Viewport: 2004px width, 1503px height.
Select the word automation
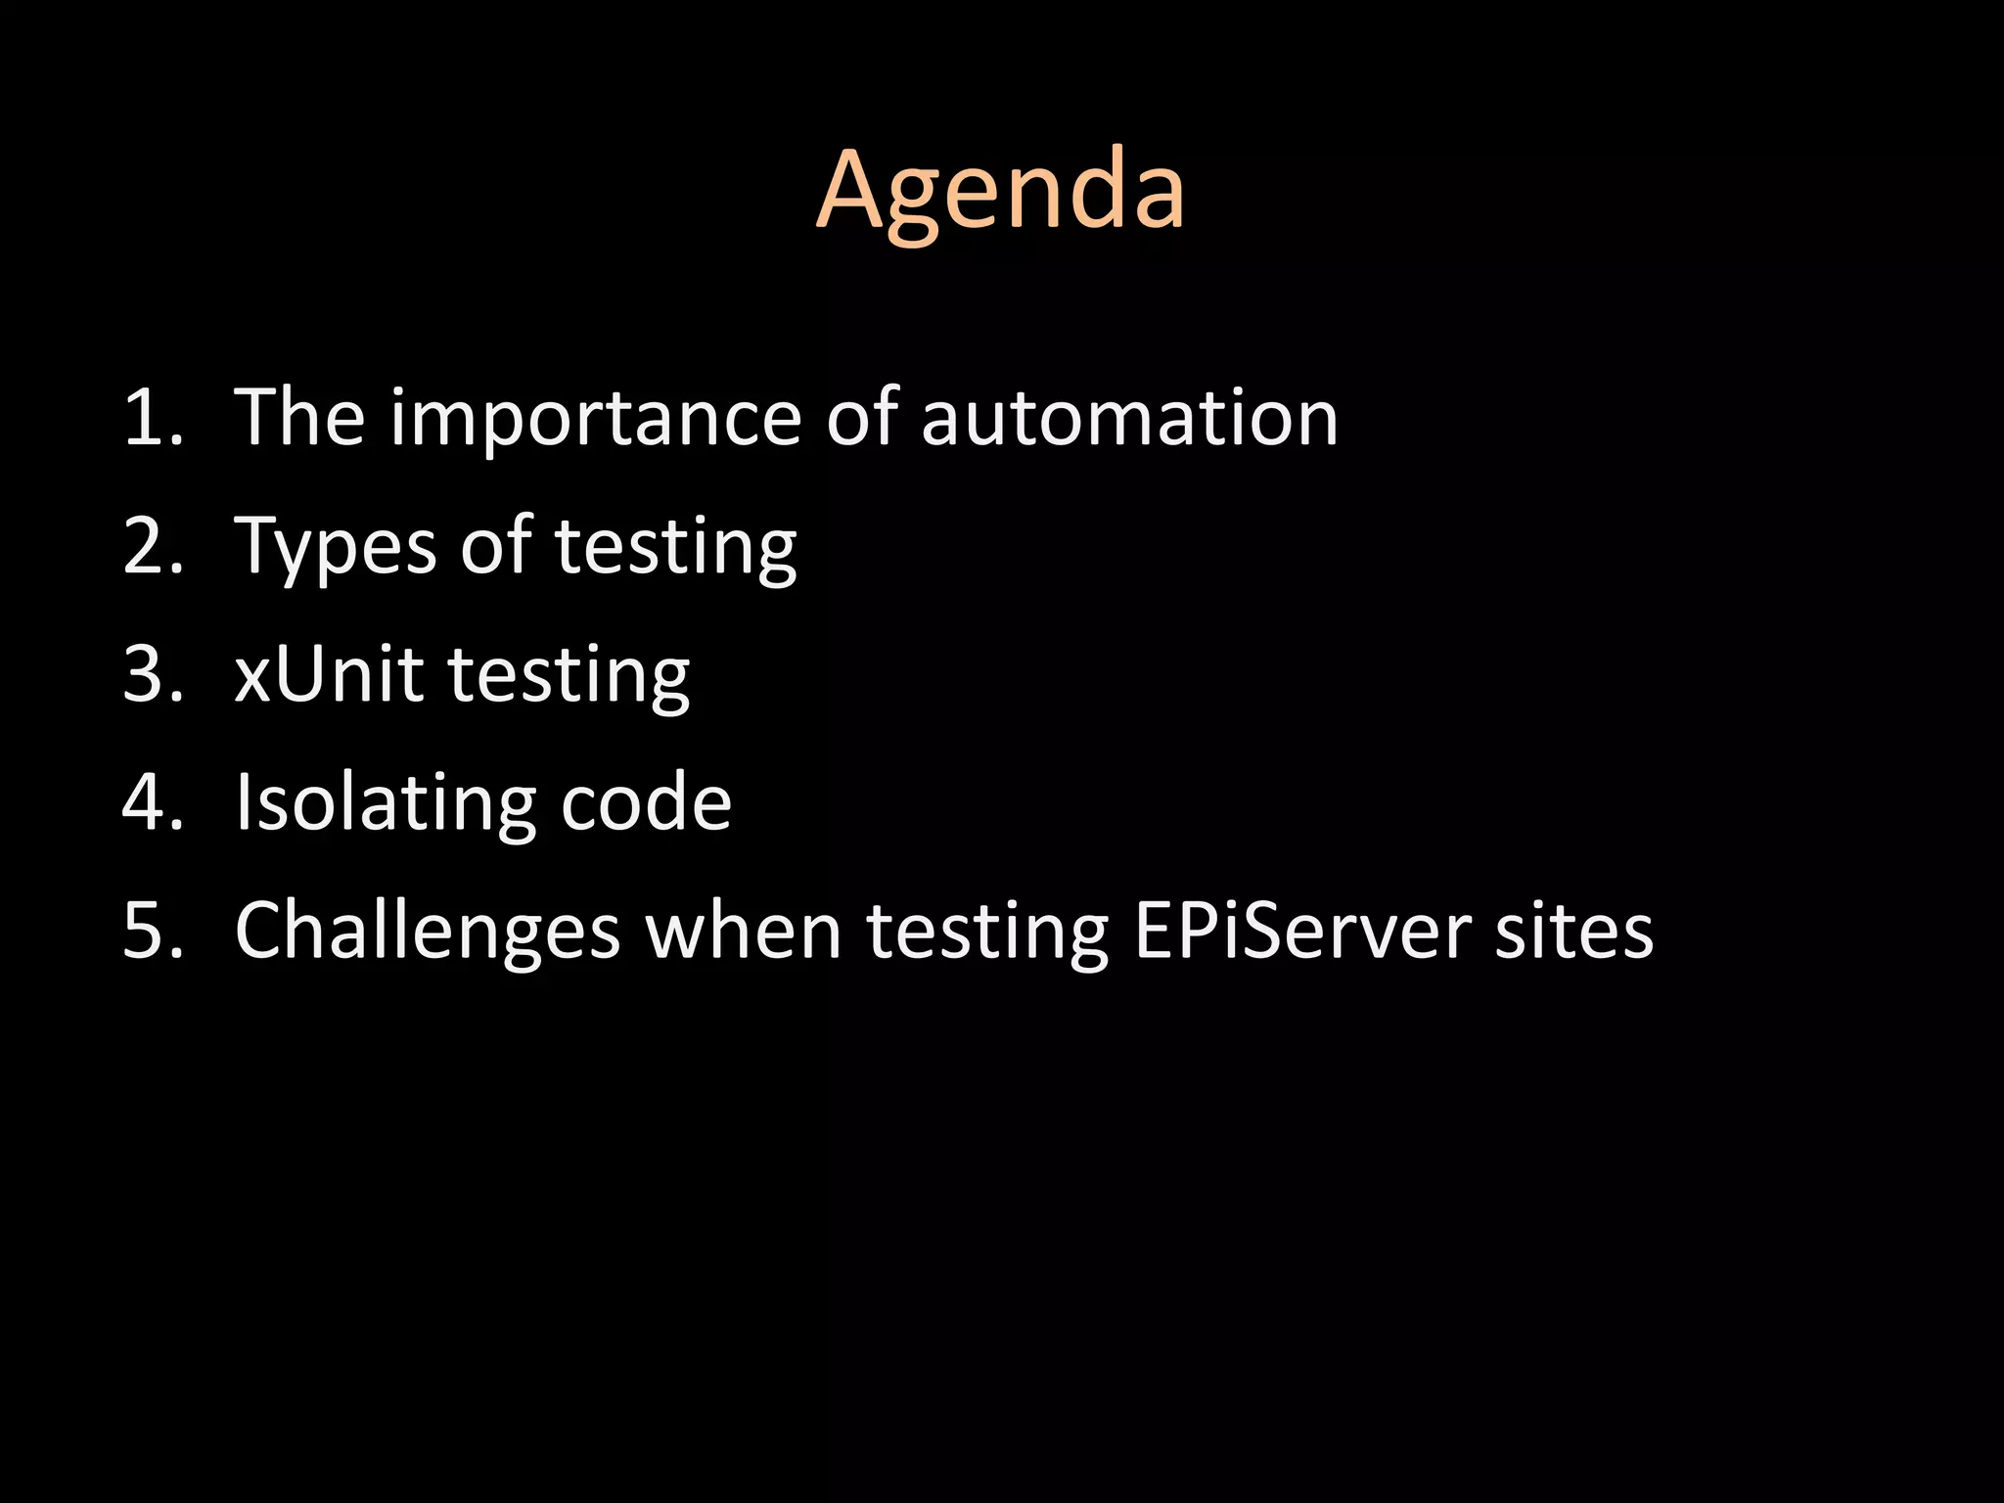(x=1129, y=419)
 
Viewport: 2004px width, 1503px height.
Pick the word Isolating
(x=385, y=803)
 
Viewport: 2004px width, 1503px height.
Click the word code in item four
(x=646, y=802)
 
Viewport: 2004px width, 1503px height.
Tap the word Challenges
(x=428, y=932)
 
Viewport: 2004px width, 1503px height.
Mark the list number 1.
(x=153, y=419)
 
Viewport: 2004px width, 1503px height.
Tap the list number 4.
(x=153, y=802)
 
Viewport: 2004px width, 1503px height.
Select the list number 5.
(x=153, y=931)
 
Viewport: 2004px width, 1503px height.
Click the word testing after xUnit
(x=569, y=676)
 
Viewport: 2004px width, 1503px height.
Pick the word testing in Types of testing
(x=675, y=548)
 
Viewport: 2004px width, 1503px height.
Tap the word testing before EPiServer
(x=987, y=933)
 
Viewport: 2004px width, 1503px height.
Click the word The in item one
(x=299, y=418)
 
